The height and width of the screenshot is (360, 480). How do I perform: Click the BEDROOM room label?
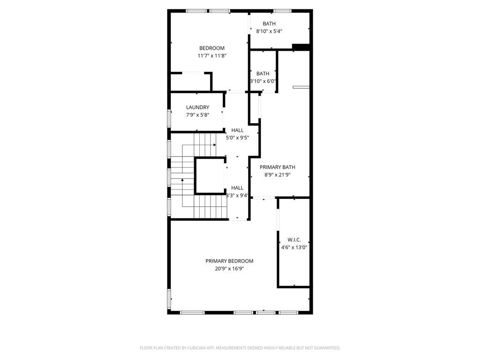[x=212, y=48]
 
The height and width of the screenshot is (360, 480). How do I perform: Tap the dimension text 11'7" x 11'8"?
[x=212, y=56]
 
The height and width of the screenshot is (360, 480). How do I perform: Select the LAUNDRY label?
[x=197, y=107]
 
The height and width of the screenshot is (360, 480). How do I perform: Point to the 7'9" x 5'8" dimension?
[x=197, y=115]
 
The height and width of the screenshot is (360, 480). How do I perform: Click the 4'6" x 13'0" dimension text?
[x=294, y=247]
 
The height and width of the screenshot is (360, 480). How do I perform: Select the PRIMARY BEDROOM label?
[x=229, y=261]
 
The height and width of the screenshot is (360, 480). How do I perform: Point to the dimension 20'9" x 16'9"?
[x=229, y=269]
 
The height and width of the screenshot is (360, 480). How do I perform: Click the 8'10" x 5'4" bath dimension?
[x=269, y=31]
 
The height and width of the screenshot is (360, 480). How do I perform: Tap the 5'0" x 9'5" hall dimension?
[x=237, y=138]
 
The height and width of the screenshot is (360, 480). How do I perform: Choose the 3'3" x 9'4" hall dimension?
[x=237, y=195]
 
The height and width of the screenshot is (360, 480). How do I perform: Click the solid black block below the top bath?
[x=300, y=46]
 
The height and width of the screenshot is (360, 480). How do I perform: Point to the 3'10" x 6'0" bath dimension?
[x=263, y=81]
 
